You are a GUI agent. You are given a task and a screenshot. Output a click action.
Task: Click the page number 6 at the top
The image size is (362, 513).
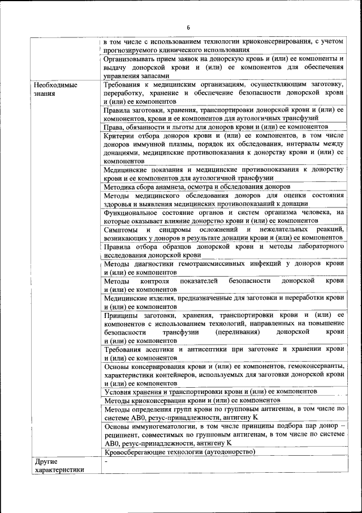pyautogui.click(x=189, y=28)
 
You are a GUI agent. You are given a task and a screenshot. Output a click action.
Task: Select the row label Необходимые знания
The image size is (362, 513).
pyautogui.click(x=55, y=89)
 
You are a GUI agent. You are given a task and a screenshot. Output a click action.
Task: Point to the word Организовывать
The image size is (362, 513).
pyautogui.click(x=133, y=59)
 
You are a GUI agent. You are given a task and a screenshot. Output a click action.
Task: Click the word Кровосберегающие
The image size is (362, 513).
pyautogui.click(x=136, y=452)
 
